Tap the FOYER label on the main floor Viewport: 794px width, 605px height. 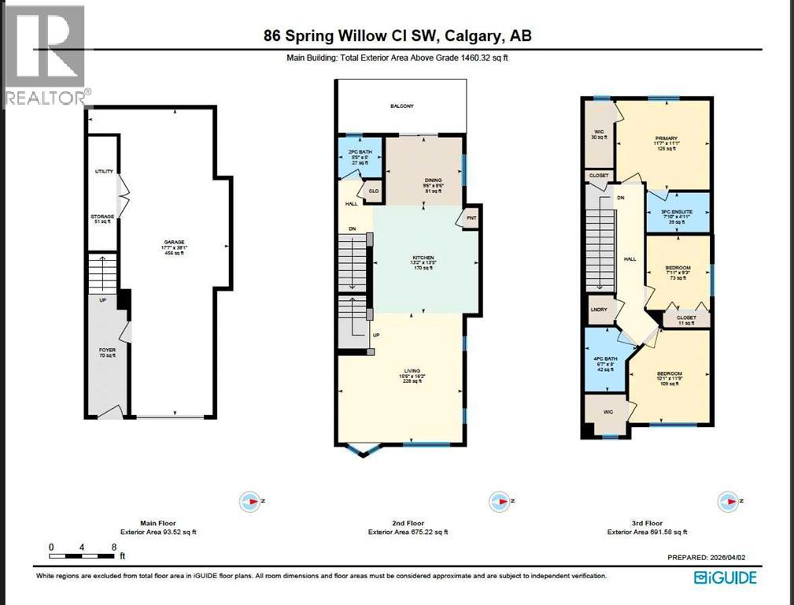pos(107,350)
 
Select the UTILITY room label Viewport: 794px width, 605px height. pos(104,171)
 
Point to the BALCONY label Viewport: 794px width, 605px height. pos(402,106)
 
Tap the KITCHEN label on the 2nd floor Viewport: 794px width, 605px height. pos(425,258)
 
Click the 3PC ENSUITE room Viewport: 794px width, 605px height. pos(677,213)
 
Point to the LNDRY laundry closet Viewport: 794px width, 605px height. pos(599,310)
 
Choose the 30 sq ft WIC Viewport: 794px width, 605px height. pos(598,132)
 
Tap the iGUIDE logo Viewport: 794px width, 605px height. pos(725,577)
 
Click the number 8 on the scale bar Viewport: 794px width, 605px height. pos(114,546)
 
